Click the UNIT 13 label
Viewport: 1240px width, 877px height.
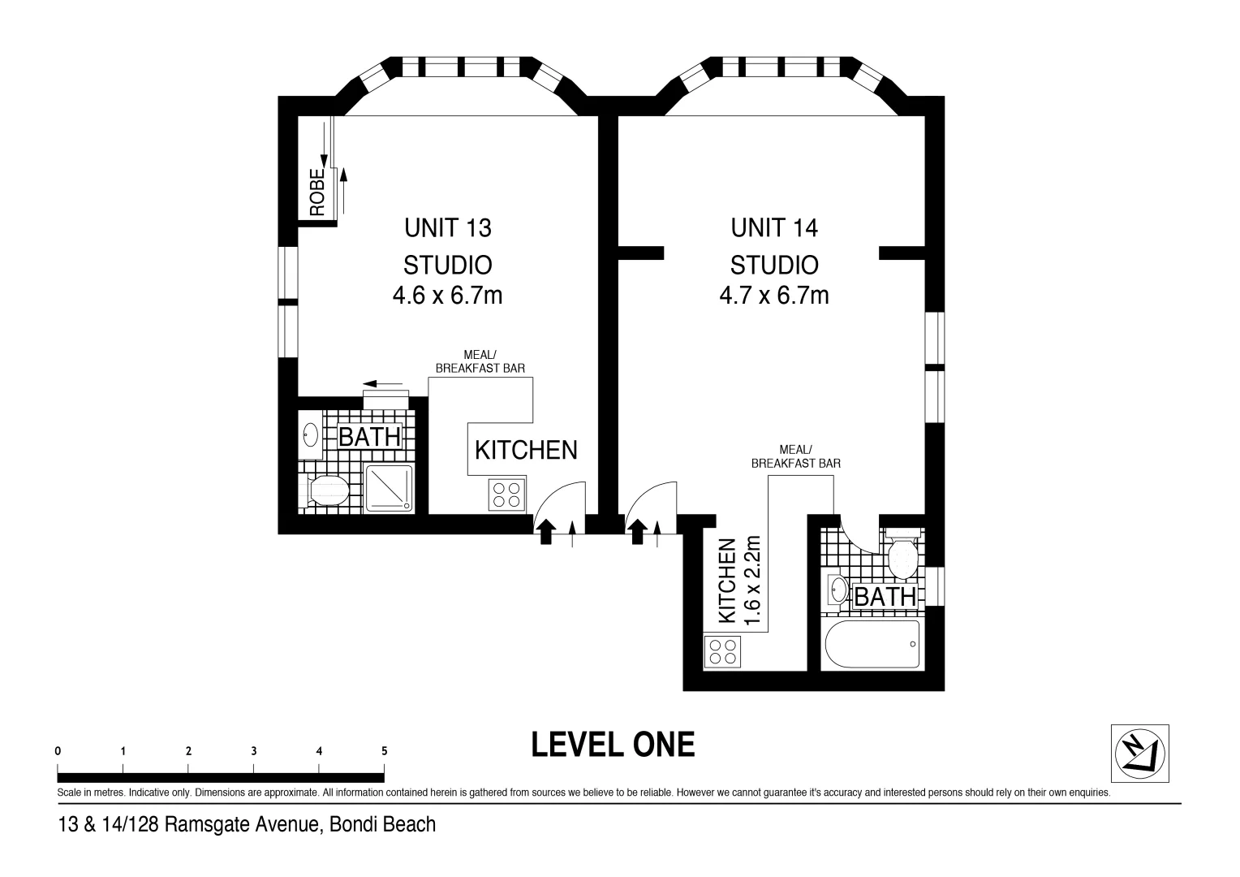[x=448, y=228]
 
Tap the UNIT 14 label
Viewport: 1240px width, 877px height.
[x=774, y=228]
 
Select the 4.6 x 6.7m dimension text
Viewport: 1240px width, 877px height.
[x=447, y=295]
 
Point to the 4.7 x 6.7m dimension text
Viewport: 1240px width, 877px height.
[x=774, y=295]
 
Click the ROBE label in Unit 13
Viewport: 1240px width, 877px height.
[x=316, y=192]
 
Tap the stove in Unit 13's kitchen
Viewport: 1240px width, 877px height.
[x=506, y=495]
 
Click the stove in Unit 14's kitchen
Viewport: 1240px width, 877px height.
[x=723, y=651]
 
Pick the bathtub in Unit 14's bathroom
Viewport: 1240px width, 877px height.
[x=872, y=645]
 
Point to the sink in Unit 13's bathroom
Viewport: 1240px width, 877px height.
[x=310, y=434]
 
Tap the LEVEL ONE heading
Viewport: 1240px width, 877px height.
[x=613, y=745]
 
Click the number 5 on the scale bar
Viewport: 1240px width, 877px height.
[x=385, y=751]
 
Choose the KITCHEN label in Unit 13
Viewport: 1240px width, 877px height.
[x=526, y=450]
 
